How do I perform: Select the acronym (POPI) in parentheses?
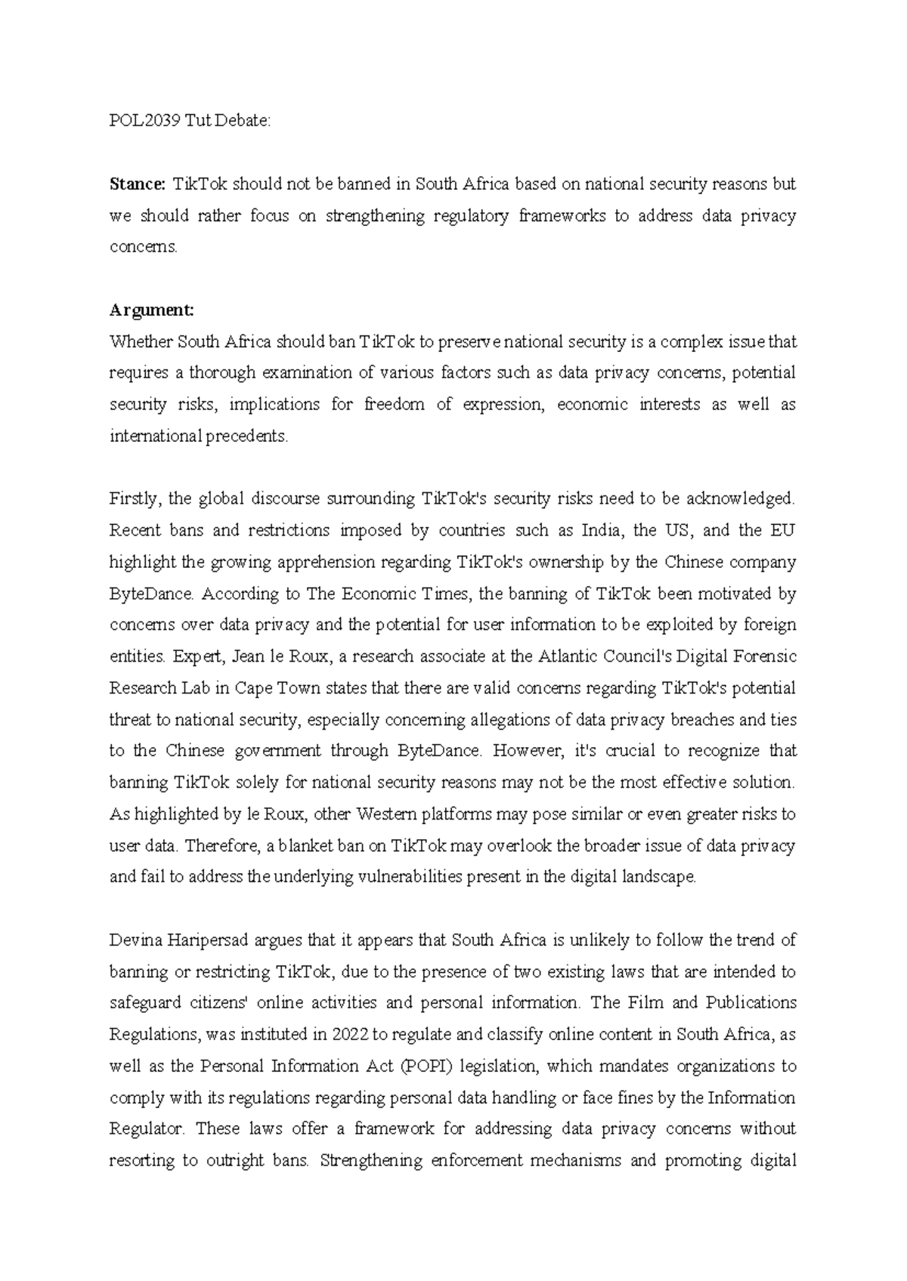coord(425,1066)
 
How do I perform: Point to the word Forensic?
coord(764,656)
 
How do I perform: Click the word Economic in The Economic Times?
coord(374,594)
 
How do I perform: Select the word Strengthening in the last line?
coord(371,1160)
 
